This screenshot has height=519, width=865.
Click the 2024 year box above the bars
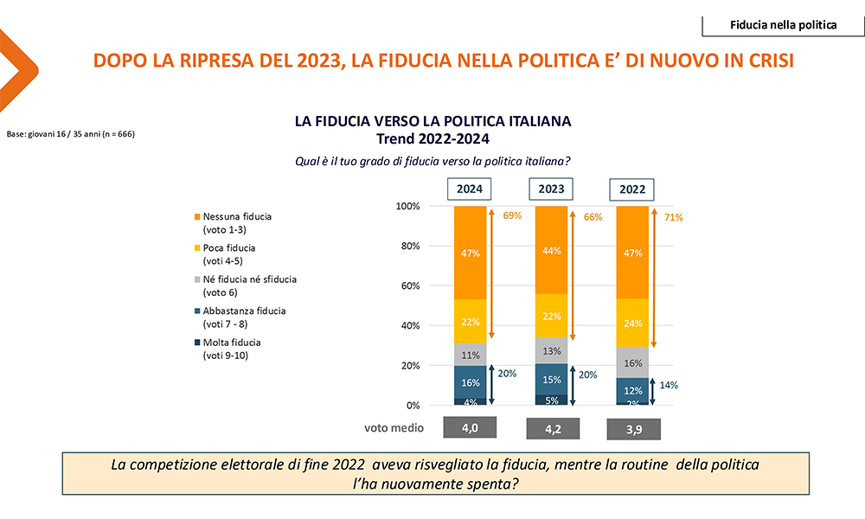tap(470, 189)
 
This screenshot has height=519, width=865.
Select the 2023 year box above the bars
tap(551, 189)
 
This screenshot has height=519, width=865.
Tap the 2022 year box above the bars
tap(632, 189)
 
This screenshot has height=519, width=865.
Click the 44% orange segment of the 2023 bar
tap(552, 250)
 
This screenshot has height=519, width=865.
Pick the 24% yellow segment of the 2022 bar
tap(633, 323)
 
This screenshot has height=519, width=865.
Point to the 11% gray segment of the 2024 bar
tap(471, 354)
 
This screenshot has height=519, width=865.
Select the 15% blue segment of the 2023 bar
tap(552, 380)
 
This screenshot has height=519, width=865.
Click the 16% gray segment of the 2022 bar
tap(633, 363)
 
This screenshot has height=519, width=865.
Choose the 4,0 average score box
tap(470, 427)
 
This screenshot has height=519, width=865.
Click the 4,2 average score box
tap(551, 428)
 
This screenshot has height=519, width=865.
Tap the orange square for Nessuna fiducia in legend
tap(197, 216)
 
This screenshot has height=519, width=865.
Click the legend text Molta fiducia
tap(232, 343)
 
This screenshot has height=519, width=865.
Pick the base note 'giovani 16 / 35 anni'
tap(70, 134)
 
